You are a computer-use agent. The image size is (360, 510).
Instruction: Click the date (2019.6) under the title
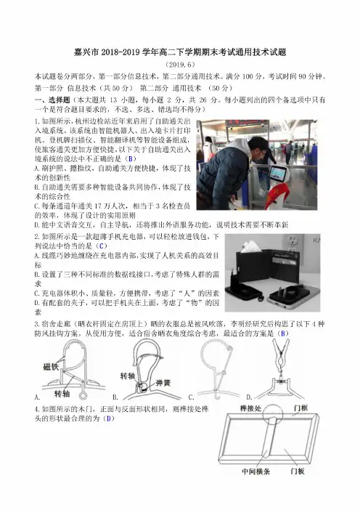(x=180, y=65)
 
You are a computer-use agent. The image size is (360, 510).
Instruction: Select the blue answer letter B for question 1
(x=131, y=158)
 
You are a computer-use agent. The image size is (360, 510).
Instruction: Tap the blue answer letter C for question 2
(x=102, y=246)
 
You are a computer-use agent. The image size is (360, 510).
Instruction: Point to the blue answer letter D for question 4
(x=109, y=418)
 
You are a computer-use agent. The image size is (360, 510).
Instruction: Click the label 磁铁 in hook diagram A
(x=51, y=367)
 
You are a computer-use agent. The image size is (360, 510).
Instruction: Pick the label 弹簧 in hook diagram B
(x=163, y=383)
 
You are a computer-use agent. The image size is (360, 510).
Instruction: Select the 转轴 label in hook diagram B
(x=128, y=376)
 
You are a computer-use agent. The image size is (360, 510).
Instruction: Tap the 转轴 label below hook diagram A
(x=62, y=394)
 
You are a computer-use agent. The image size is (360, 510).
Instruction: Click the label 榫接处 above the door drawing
(x=250, y=408)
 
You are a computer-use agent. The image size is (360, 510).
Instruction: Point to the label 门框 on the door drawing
(x=300, y=408)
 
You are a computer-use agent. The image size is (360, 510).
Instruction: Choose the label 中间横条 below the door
(x=255, y=471)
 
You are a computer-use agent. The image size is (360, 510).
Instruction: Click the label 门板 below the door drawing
(x=298, y=471)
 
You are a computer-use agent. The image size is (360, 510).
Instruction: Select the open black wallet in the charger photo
(x=269, y=265)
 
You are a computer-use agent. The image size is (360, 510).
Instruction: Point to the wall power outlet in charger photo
(x=293, y=243)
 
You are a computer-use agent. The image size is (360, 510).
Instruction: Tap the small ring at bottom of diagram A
(x=83, y=396)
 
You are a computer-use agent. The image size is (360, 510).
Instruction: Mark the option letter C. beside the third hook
(x=192, y=397)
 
